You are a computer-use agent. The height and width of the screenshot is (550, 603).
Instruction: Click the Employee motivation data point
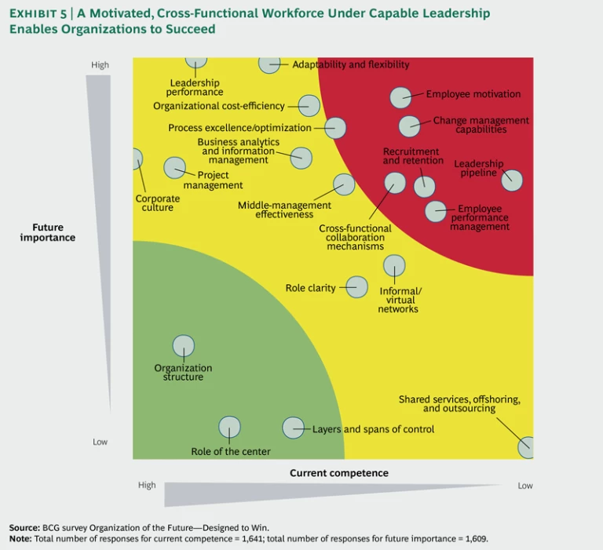tap(400, 97)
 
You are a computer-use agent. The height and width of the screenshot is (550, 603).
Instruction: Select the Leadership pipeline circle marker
tap(512, 180)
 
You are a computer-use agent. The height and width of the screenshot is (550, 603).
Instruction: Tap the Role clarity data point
tap(356, 287)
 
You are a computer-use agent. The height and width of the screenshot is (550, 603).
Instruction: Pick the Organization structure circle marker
tap(184, 346)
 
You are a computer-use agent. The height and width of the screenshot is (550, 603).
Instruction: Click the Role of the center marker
tap(229, 427)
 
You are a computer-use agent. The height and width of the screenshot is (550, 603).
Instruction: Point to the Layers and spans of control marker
tap(293, 428)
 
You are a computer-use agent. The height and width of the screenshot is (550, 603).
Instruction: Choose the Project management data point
tap(174, 167)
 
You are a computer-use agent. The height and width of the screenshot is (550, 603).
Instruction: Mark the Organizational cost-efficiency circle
tap(309, 106)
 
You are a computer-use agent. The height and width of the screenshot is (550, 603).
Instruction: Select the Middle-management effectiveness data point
tap(344, 184)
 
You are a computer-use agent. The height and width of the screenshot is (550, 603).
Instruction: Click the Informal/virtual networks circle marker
tap(394, 266)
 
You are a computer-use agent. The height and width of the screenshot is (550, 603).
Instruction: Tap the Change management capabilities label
tap(481, 126)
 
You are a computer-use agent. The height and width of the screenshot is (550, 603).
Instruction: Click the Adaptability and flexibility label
tap(351, 64)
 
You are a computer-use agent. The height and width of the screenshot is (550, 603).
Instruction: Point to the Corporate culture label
tap(157, 203)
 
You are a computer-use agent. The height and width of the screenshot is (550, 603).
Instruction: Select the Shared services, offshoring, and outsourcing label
tap(459, 404)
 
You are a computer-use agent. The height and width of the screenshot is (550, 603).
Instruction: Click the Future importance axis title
tap(48, 233)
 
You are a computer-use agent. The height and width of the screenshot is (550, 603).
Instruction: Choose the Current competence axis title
tap(339, 473)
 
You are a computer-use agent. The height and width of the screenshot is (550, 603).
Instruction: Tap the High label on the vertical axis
tap(100, 65)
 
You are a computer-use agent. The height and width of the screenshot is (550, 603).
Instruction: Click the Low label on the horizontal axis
tap(525, 486)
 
